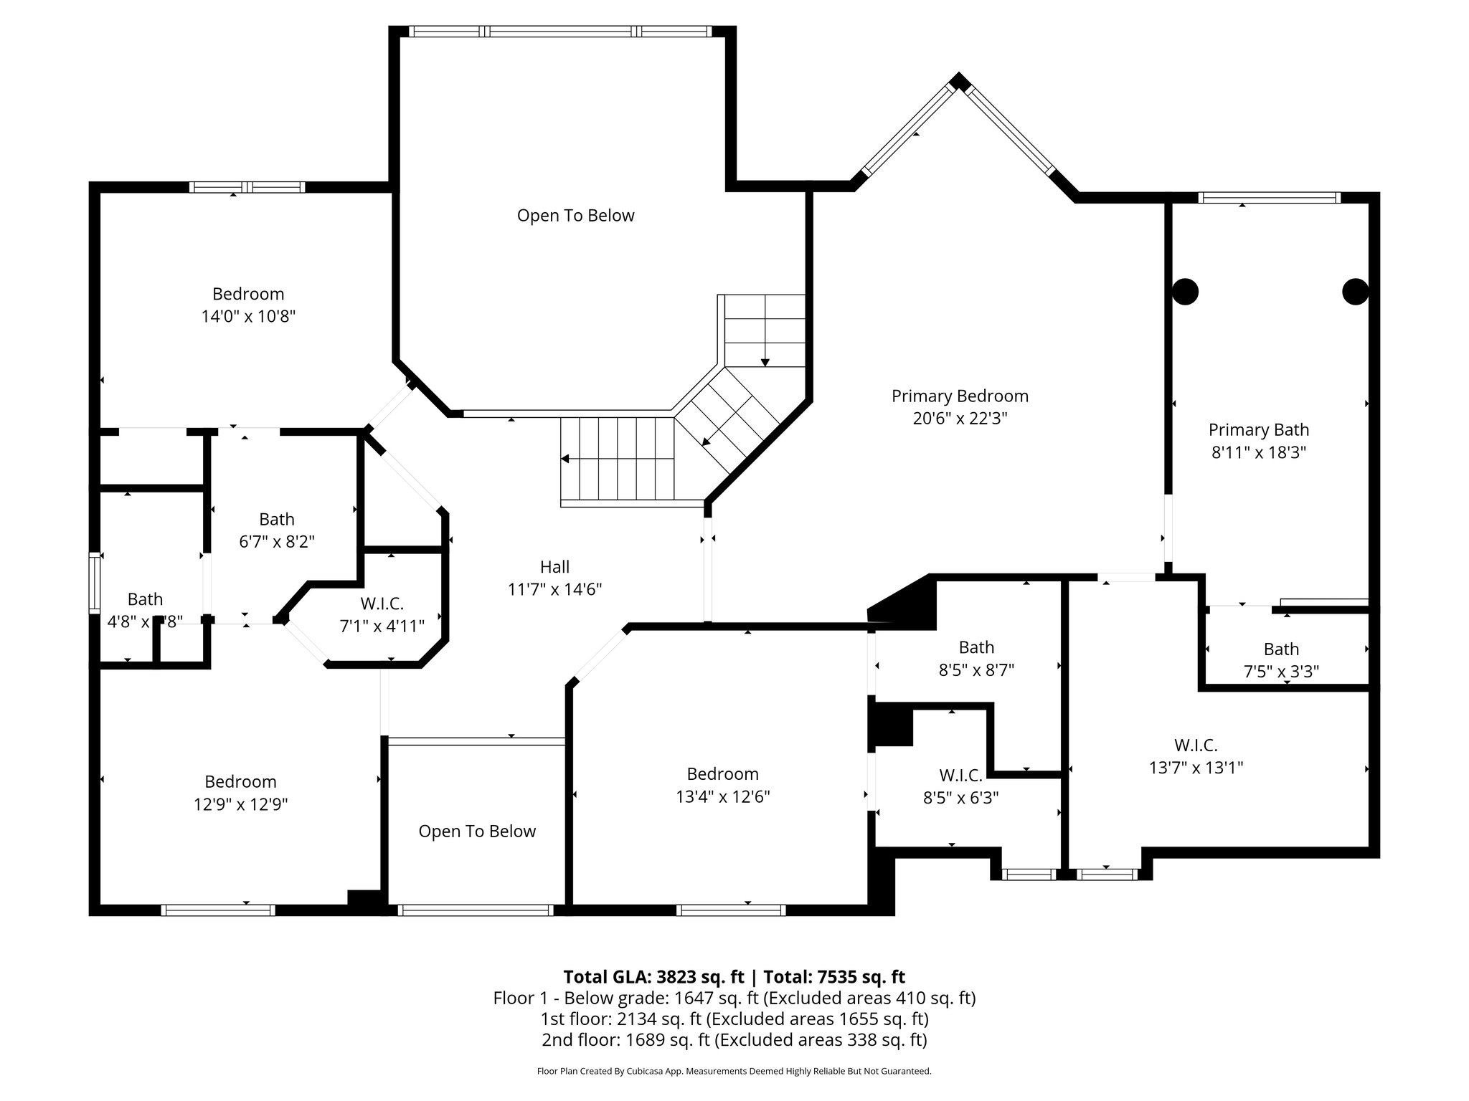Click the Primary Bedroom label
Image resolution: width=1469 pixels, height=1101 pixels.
point(960,396)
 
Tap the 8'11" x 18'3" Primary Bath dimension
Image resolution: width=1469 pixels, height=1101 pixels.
point(1258,452)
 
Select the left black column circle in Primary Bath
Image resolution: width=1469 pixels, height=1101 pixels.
point(1185,292)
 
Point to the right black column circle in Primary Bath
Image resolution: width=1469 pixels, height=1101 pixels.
point(1355,292)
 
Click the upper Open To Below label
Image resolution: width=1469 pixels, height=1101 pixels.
point(575,216)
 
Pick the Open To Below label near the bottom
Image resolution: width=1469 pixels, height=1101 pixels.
point(477,831)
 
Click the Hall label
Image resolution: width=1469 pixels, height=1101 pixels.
point(554,567)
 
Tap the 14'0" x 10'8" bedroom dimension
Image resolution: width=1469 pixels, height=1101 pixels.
point(248,316)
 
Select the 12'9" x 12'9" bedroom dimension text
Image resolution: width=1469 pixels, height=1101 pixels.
point(240,804)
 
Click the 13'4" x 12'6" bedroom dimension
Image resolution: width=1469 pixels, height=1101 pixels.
point(722,796)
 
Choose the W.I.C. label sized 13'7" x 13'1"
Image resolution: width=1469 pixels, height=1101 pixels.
point(1195,745)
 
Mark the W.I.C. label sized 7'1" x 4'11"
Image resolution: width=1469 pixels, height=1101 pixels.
point(382,604)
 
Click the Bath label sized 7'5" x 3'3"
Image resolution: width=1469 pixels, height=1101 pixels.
point(1281,649)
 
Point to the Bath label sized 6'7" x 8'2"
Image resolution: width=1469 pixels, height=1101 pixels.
point(277,519)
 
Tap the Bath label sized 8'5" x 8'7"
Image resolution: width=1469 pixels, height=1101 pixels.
point(976,647)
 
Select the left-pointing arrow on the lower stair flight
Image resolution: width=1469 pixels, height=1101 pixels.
point(566,459)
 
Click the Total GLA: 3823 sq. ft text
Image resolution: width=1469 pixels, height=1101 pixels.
point(653,977)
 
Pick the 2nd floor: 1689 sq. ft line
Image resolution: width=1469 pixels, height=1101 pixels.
point(734,1039)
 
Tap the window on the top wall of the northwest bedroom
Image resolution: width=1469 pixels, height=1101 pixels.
point(247,187)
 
